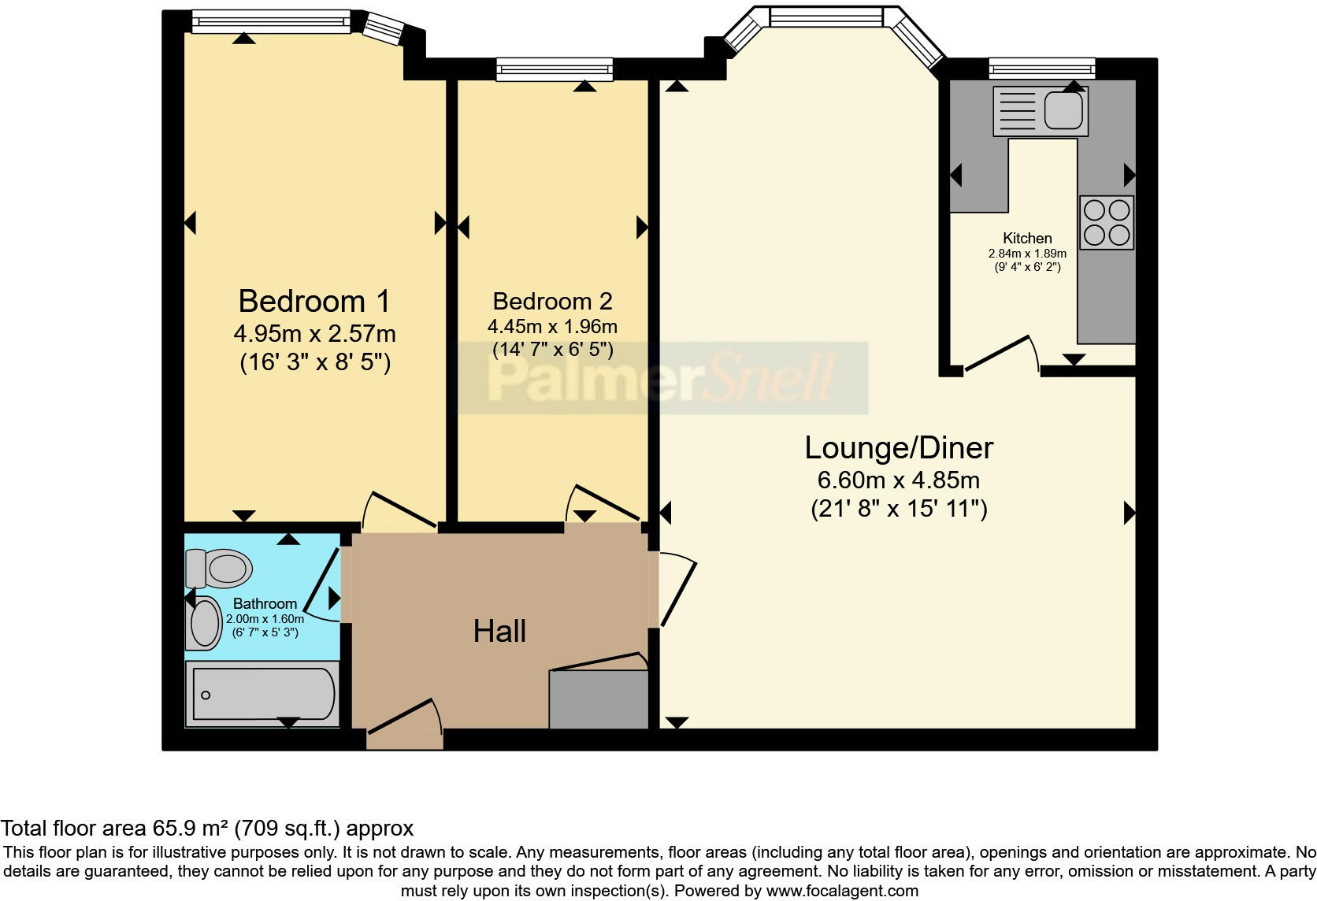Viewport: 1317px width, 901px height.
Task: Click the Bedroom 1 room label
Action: [x=313, y=301]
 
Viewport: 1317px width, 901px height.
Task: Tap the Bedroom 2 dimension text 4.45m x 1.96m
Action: [x=552, y=326]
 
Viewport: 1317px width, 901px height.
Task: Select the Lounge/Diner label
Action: [x=899, y=447]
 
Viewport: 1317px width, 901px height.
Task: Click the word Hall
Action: [x=499, y=631]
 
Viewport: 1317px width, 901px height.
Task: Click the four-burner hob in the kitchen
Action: [x=1107, y=223]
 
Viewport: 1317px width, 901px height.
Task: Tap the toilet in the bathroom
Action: [x=220, y=568]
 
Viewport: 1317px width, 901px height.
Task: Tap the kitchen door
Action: [x=999, y=354]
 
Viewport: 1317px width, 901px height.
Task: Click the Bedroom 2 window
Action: [x=555, y=69]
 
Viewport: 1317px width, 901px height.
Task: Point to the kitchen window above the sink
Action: [x=1041, y=69]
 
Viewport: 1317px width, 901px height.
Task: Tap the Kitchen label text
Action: [x=1027, y=238]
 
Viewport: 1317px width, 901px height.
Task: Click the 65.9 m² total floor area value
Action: [x=190, y=829]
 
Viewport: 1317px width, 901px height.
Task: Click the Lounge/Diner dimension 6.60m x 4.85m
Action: [x=899, y=480]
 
